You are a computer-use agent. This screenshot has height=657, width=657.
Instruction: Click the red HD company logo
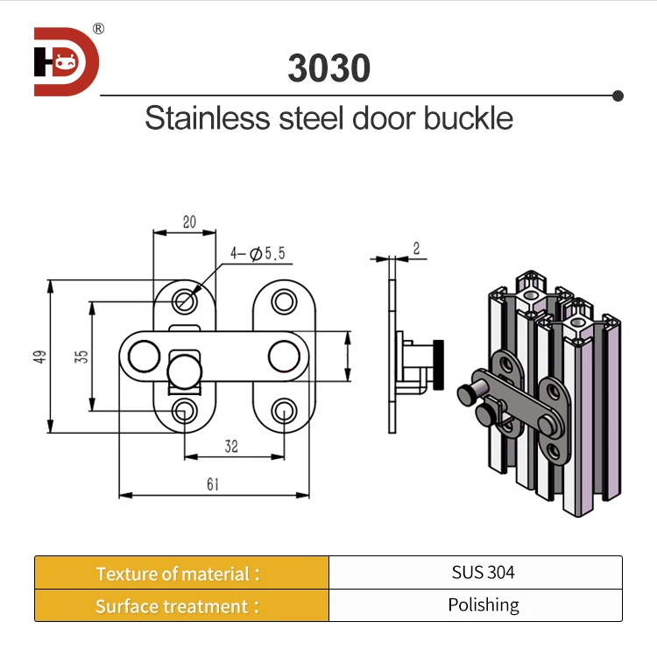point(67,61)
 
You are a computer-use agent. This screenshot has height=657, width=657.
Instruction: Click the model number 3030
point(328,68)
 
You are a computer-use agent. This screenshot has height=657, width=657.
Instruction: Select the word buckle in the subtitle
point(469,118)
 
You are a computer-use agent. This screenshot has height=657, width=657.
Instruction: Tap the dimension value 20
point(189,223)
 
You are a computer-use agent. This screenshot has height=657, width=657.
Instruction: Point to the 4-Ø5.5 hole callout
point(258,254)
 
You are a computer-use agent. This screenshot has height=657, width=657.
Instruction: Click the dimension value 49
point(39,357)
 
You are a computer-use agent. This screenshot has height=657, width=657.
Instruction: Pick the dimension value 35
point(81,357)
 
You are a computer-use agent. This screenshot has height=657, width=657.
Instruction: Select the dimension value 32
point(231,447)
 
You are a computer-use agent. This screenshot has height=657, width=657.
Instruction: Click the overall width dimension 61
point(213,484)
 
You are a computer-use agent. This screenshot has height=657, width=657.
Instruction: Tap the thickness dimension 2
point(416,249)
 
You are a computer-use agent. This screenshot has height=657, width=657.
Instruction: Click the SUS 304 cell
point(484,573)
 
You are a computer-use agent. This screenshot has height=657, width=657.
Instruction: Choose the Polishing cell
point(484,605)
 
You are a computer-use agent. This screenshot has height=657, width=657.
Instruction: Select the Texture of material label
point(178,574)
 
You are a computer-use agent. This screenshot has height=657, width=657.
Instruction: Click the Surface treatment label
point(178,606)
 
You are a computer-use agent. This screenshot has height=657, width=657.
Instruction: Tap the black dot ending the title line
point(618,95)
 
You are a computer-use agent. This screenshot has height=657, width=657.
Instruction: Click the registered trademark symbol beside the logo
point(98,29)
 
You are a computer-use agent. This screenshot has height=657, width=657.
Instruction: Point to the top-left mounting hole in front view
point(184,301)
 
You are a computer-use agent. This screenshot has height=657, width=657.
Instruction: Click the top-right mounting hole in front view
point(282,301)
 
